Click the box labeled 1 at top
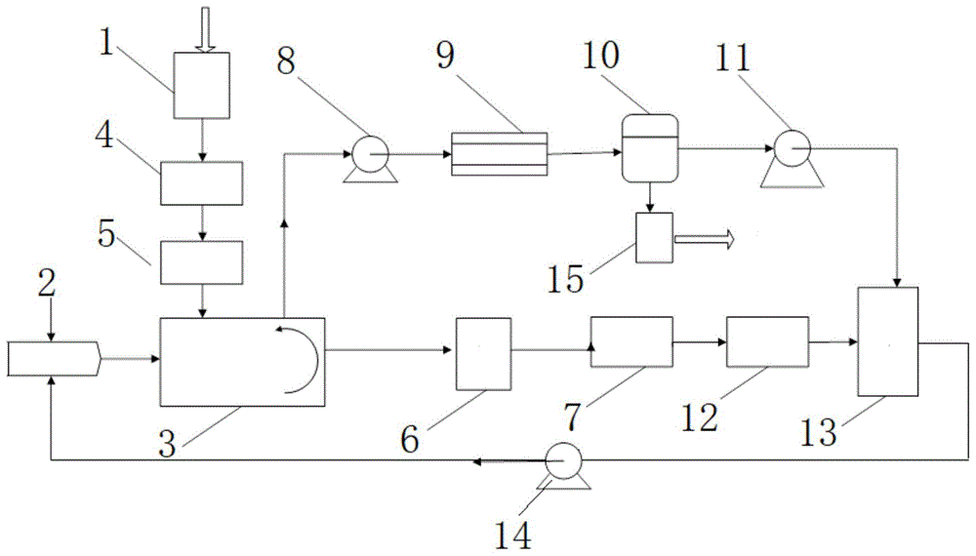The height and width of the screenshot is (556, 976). [201, 85]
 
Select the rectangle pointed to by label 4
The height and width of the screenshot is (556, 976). [202, 183]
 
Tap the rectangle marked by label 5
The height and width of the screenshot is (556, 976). [202, 262]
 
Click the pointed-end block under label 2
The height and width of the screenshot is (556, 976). [54, 358]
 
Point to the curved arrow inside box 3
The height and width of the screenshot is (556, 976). [298, 360]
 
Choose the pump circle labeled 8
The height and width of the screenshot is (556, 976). [370, 153]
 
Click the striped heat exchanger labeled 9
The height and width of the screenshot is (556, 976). [499, 154]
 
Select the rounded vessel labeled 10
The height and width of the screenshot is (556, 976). [650, 148]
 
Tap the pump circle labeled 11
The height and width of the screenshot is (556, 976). [792, 148]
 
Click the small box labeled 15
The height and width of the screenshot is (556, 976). [654, 238]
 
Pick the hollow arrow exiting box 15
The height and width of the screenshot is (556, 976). [705, 239]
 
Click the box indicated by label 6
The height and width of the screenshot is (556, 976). [484, 354]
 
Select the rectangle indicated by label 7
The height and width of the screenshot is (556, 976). [631, 341]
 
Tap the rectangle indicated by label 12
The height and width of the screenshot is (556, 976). [767, 341]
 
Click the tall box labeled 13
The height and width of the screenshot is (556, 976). [887, 341]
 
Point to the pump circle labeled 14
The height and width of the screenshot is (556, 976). [563, 460]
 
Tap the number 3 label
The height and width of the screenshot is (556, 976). [167, 444]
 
